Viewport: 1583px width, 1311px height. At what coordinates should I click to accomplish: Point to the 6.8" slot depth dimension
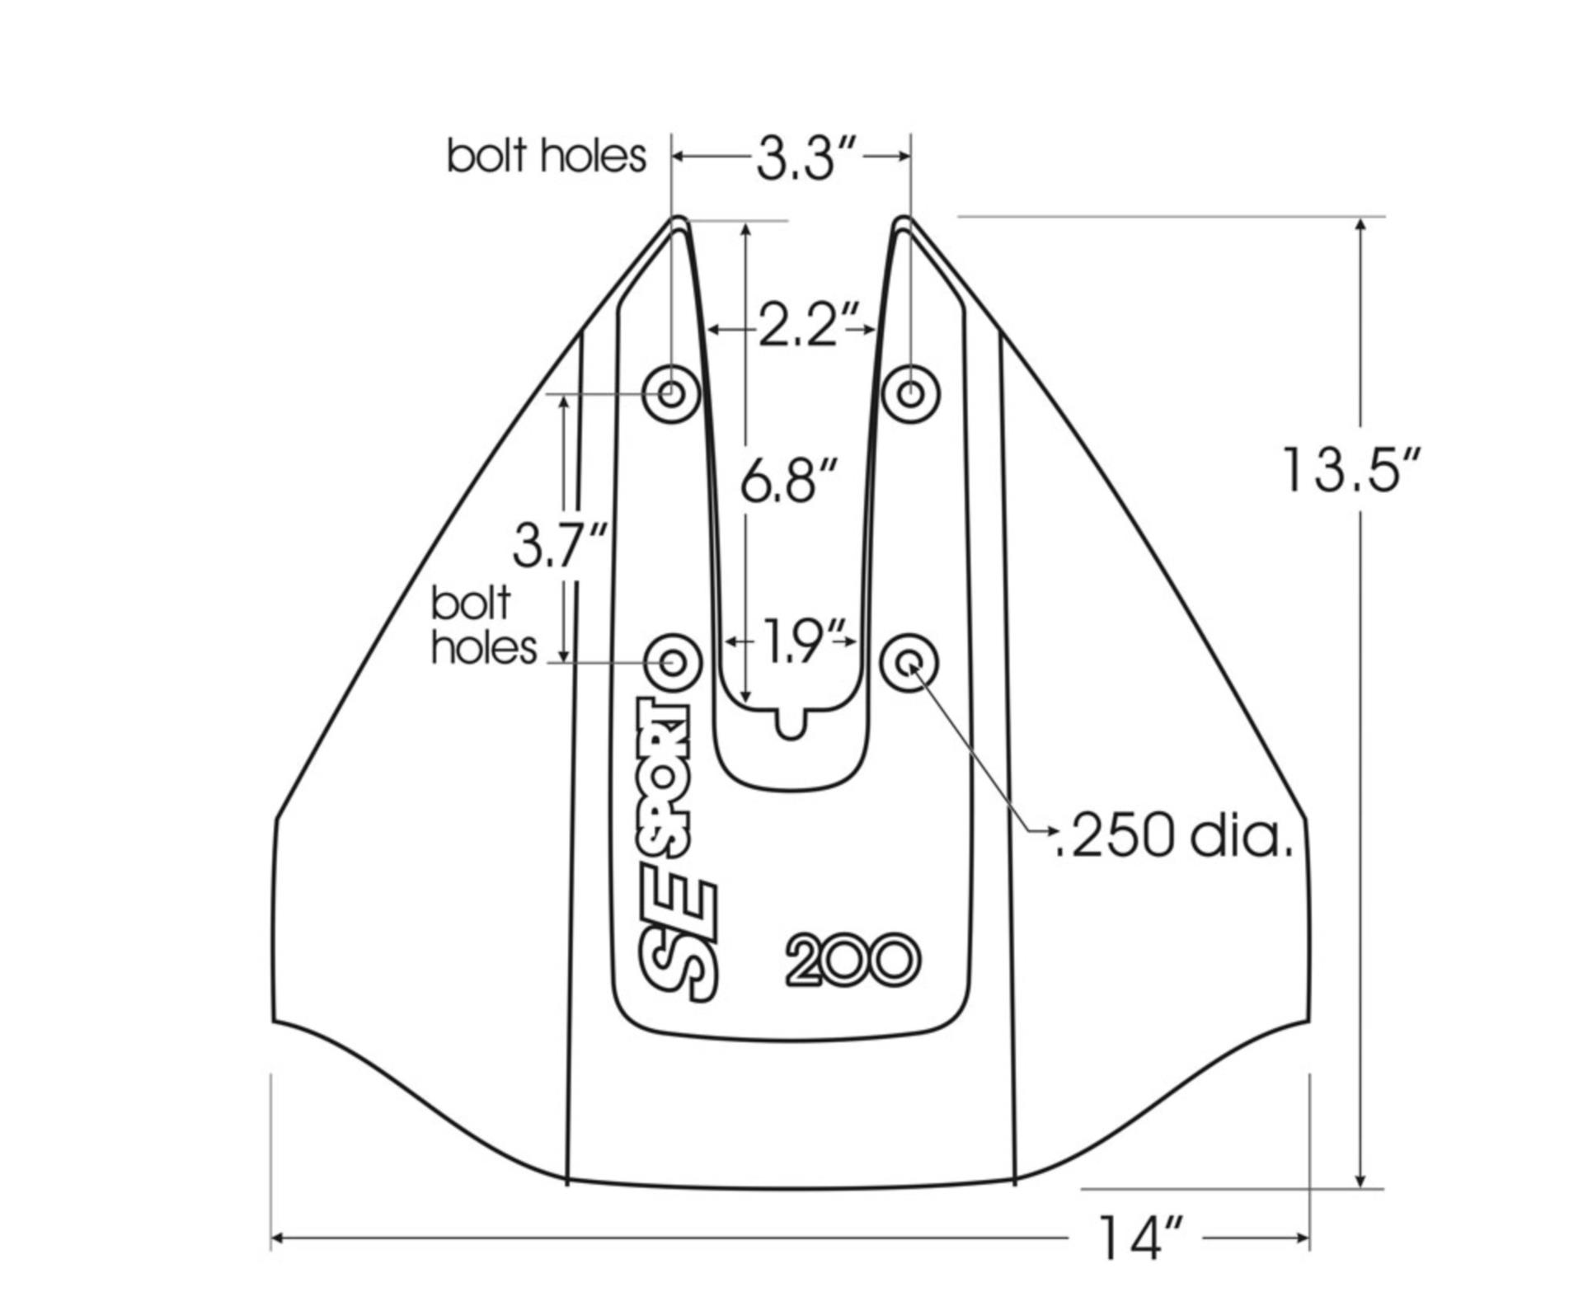click(788, 480)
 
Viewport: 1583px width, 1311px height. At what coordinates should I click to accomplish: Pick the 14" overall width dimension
click(1141, 1238)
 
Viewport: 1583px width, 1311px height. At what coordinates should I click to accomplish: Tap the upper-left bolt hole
click(672, 393)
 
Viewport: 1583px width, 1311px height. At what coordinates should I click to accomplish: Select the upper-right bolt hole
click(910, 393)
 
